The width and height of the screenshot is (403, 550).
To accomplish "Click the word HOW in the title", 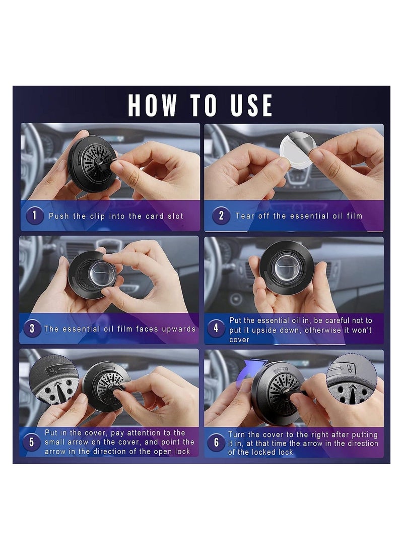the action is [152, 105].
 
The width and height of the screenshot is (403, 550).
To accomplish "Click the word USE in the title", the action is [251, 105].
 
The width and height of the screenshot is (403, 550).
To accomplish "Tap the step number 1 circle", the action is [34, 215].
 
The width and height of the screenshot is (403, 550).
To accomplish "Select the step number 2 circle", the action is [221, 215].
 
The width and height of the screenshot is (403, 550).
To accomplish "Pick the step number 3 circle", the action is [32, 328].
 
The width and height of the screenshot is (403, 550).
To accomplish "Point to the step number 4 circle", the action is [216, 328].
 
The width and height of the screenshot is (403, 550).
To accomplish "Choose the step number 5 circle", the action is [32, 442].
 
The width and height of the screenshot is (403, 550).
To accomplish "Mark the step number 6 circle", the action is [216, 443].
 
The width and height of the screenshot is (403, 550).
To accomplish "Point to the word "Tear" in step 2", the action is [245, 216].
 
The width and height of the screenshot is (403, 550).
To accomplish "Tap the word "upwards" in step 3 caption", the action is [178, 329].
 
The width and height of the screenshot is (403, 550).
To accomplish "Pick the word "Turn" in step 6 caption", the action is [237, 434].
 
